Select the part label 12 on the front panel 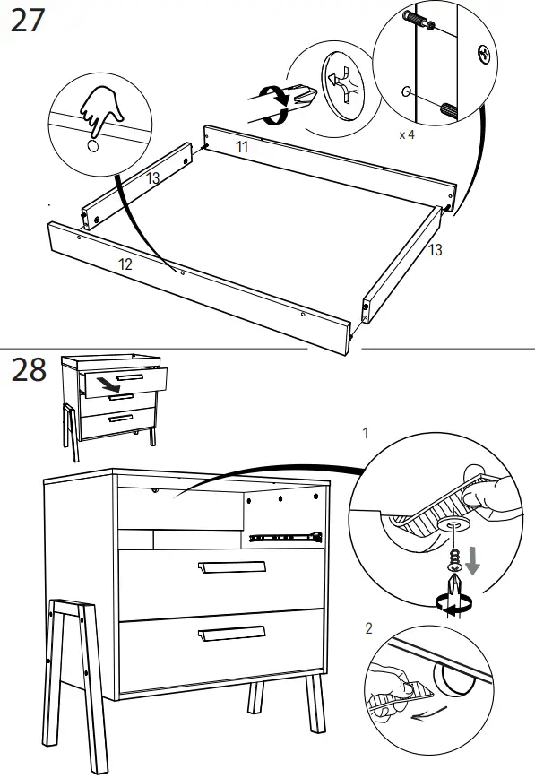point(125,264)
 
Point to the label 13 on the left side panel point(153,179)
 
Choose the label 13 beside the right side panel point(435,251)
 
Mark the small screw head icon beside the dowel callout point(484,56)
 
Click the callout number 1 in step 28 point(365,433)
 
